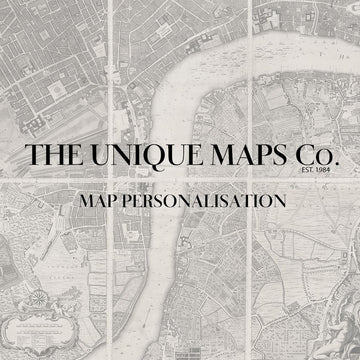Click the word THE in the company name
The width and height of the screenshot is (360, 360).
tap(53, 156)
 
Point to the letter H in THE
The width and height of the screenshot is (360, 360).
tap(53, 156)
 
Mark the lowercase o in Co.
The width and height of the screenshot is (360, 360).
tap(325, 159)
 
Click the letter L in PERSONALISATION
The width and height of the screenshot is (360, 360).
tap(223, 201)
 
